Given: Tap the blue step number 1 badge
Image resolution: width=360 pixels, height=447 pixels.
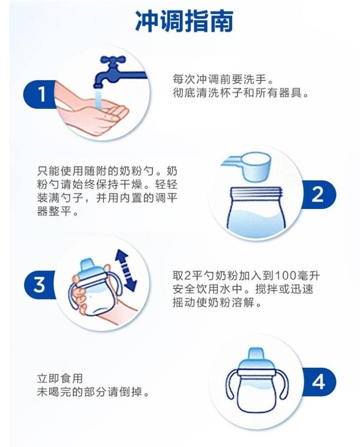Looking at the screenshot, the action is pyautogui.click(x=39, y=94).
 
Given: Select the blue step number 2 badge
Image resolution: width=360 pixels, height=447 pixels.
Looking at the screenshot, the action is pyautogui.click(x=319, y=194).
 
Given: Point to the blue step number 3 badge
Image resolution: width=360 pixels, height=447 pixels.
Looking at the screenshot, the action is pyautogui.click(x=39, y=284).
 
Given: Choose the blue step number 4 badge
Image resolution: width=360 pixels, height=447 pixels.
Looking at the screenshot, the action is pyautogui.click(x=319, y=382).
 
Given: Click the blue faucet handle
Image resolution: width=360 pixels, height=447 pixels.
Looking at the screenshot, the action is pyautogui.click(x=113, y=61).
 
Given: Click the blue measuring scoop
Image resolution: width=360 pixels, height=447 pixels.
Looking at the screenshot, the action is pyautogui.click(x=246, y=166).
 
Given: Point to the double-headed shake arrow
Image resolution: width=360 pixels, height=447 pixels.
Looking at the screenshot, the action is pyautogui.click(x=125, y=270).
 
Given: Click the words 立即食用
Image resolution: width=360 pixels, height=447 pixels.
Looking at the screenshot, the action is pyautogui.click(x=60, y=378).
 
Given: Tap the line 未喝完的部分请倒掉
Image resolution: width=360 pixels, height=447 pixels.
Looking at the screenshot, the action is pyautogui.click(x=93, y=392).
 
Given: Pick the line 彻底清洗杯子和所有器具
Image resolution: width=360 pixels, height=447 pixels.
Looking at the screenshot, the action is pyautogui.click(x=241, y=93).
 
